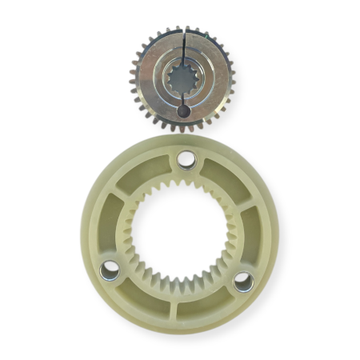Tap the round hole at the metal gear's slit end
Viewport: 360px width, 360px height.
183,110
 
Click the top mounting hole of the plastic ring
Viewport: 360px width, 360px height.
186,160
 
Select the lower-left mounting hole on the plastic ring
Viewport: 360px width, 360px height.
110,273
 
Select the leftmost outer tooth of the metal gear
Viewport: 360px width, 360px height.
134,78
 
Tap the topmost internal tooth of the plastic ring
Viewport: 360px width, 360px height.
182,185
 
